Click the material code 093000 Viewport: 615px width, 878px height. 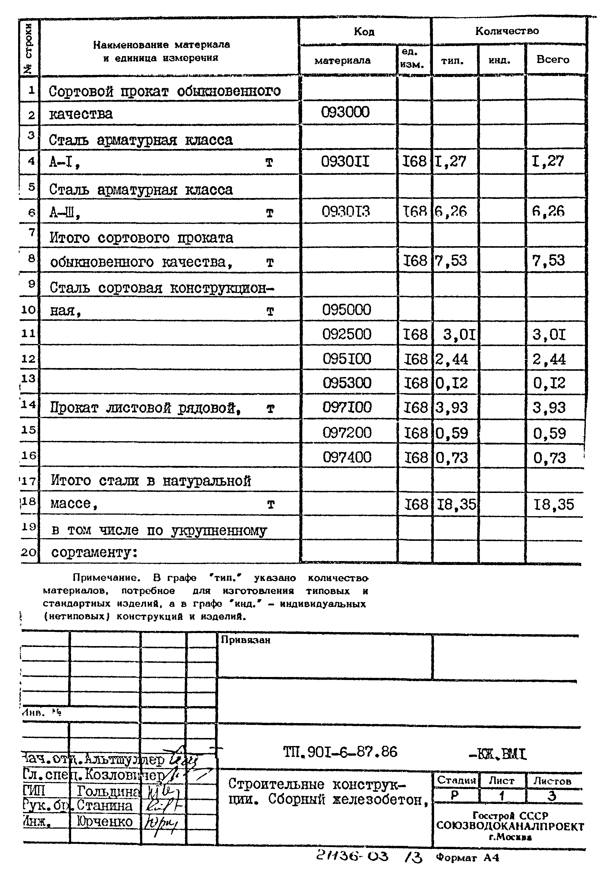coord(345,112)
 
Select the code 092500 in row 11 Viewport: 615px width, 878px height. coord(347,334)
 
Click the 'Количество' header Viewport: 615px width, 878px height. coord(507,31)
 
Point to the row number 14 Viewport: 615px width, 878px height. coord(28,404)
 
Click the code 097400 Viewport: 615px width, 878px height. coord(347,457)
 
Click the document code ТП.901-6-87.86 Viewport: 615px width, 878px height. coord(340,752)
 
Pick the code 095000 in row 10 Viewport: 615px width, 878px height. coord(347,309)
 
